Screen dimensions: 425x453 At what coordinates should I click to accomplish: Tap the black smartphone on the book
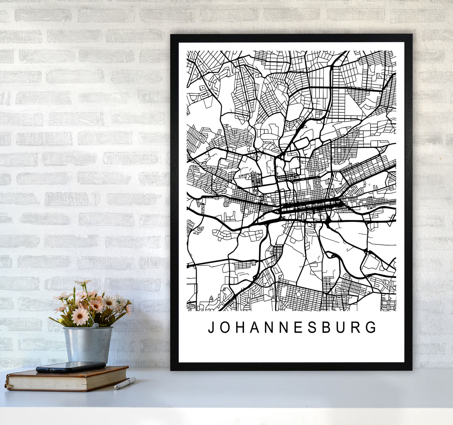(71, 367)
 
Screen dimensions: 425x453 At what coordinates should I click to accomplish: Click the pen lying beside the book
(125, 383)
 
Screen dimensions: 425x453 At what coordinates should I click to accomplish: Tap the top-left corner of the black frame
(171, 35)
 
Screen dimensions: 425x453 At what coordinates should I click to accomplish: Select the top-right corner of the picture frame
(411, 35)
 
